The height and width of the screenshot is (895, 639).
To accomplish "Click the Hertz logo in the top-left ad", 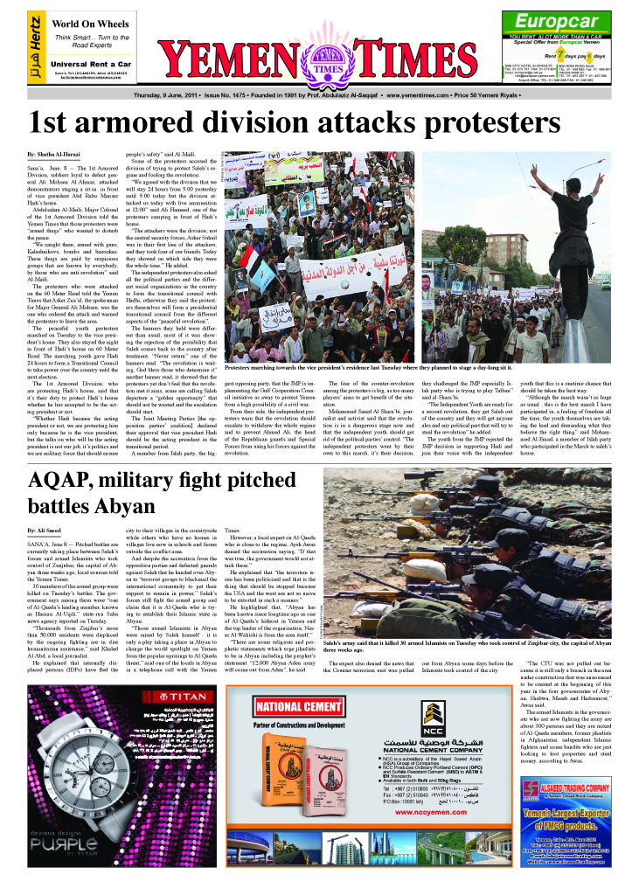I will pyautogui.click(x=34, y=47).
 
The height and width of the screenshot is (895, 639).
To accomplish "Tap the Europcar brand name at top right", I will pyautogui.click(x=556, y=22).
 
